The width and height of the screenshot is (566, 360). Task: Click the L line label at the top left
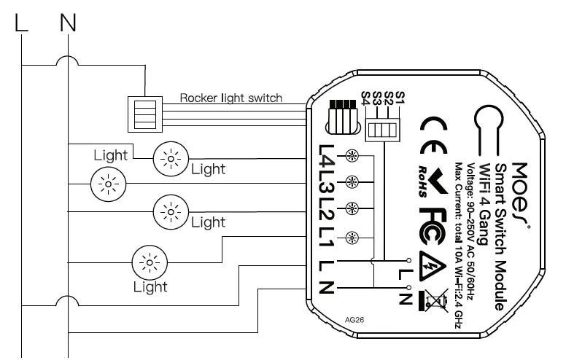point(22,23)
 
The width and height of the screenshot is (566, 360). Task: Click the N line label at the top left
point(67,23)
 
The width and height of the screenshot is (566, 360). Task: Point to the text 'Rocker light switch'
point(230,98)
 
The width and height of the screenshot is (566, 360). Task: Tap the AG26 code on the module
point(353,320)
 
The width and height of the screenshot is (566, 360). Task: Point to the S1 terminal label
point(399,97)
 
